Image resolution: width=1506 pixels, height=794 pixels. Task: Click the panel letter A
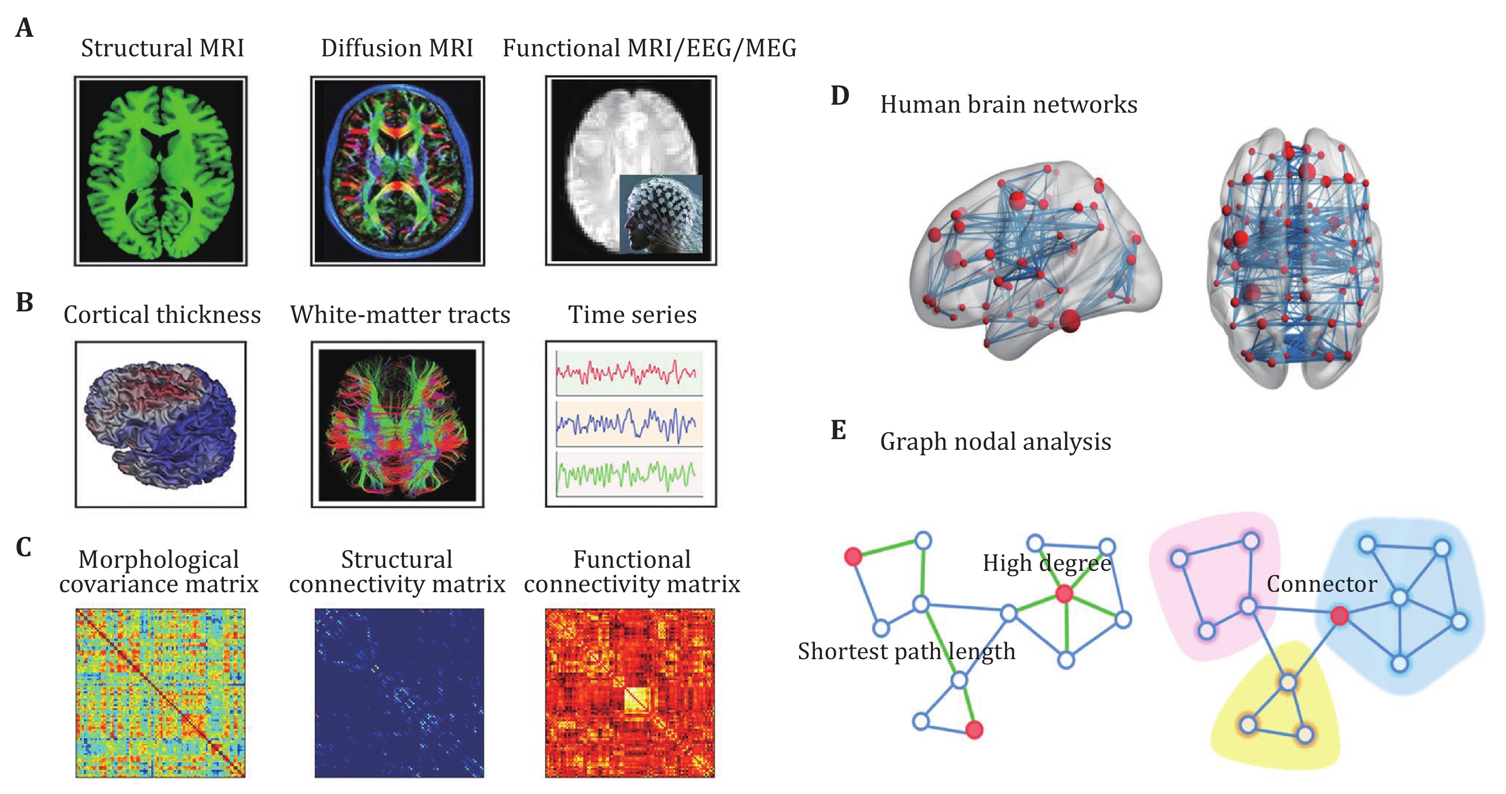coord(24,28)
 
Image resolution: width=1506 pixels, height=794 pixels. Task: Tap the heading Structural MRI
coord(162,48)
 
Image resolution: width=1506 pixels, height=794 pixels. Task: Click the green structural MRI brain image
coord(161,172)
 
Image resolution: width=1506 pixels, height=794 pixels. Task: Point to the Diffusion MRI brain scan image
coord(398,171)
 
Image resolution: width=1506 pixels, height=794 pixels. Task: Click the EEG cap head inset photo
coord(660,214)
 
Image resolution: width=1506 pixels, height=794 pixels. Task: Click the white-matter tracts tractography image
coord(398,425)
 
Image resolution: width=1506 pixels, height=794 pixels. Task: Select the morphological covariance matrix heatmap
coord(160,693)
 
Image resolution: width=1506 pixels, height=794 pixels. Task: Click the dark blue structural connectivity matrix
coord(399,693)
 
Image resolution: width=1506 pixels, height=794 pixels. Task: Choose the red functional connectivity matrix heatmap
coord(630,693)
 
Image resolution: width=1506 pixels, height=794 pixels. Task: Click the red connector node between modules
coord(1340,615)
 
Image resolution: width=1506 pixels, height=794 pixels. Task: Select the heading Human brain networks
coord(1008,105)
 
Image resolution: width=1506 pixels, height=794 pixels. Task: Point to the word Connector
coord(1322,584)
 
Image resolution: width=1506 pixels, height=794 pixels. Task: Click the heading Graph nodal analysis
coord(996,442)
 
